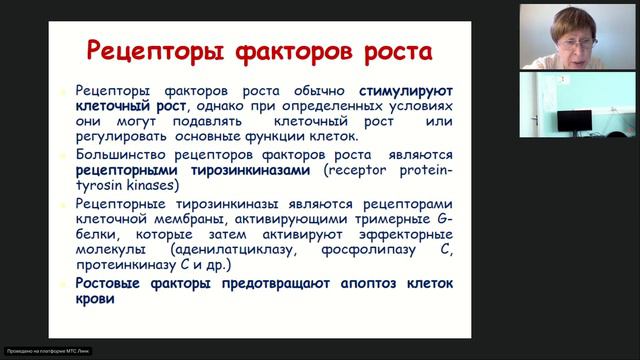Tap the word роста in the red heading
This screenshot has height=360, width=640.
(387, 51)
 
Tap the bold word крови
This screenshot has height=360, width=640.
(96, 298)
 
